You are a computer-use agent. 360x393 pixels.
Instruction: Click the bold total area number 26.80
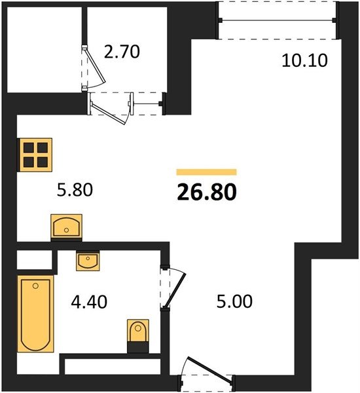click(207, 192)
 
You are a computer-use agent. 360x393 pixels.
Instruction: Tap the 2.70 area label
click(122, 52)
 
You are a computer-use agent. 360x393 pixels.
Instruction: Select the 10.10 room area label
click(304, 61)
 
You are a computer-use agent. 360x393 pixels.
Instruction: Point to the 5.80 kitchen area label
click(75, 190)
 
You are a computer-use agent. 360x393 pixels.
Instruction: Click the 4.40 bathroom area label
click(89, 302)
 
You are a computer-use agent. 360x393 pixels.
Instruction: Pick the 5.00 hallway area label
click(234, 301)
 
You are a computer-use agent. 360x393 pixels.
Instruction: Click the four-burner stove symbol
click(35, 155)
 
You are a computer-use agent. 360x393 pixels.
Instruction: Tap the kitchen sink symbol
click(66, 226)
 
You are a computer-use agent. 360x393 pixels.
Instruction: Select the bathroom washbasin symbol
click(88, 261)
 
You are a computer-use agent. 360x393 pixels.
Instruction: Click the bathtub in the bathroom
click(35, 314)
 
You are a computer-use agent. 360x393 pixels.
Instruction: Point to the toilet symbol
click(138, 330)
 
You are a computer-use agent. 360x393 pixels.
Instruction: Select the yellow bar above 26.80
click(207, 172)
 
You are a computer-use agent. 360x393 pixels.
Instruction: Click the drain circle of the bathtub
click(35, 286)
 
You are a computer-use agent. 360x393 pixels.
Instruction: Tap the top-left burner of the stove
click(29, 148)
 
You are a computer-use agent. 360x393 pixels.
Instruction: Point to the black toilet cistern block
click(138, 347)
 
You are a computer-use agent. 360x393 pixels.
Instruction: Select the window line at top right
click(278, 20)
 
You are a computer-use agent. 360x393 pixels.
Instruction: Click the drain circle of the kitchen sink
click(66, 230)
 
